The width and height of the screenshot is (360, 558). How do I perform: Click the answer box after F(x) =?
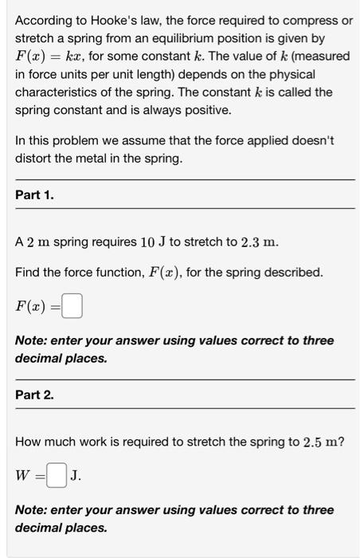72,306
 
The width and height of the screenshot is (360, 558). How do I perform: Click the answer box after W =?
56,476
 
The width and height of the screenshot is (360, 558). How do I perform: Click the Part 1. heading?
35,195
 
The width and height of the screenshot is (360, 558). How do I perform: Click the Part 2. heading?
35,395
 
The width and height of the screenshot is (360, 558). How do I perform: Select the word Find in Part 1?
27,273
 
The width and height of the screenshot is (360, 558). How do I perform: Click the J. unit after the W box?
76,476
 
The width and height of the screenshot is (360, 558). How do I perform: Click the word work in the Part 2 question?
90,442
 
